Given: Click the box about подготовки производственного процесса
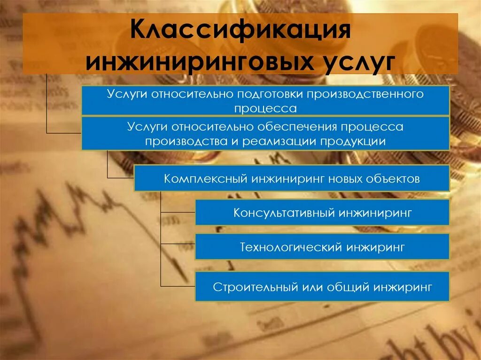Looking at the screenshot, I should pyautogui.click(x=265, y=100).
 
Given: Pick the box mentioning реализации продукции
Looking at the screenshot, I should pyautogui.click(x=265, y=134).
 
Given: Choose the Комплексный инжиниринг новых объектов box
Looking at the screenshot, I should pyautogui.click(x=292, y=178).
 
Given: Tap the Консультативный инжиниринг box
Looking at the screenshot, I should pyautogui.click(x=322, y=213).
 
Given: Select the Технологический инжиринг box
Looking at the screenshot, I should pyautogui.click(x=322, y=247).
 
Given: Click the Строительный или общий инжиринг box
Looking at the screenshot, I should pyautogui.click(x=322, y=286).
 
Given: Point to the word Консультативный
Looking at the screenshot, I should pyautogui.click(x=283, y=213).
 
